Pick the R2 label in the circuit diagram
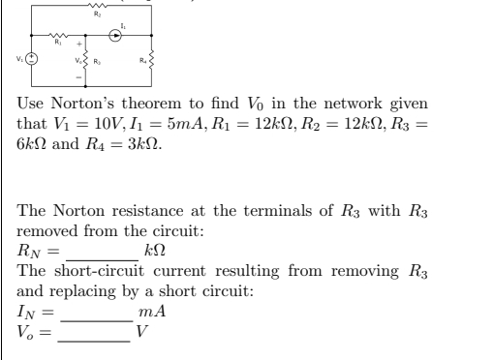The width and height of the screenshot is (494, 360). pos(96,13)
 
